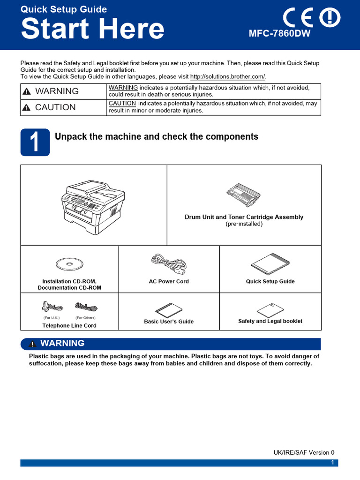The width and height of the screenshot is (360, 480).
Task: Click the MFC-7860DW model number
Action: point(279,34)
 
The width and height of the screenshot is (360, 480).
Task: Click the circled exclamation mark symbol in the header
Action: point(330,18)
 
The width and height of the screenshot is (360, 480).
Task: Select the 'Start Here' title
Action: point(93,29)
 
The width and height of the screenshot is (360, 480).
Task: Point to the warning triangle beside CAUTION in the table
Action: point(27,107)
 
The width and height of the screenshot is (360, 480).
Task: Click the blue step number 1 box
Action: point(35,142)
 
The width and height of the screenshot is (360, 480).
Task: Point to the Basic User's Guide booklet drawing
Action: point(168,309)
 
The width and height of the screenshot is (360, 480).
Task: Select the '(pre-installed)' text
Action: point(244,224)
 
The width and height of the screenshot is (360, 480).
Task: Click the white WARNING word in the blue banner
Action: point(62,344)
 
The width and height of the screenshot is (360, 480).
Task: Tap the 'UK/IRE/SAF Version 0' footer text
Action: point(304,453)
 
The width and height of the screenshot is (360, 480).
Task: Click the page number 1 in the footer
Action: point(332,463)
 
